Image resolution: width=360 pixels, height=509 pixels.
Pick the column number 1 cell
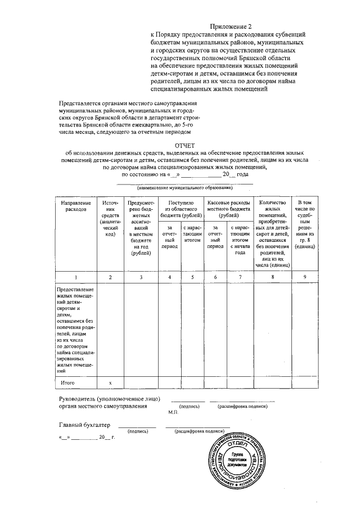75,277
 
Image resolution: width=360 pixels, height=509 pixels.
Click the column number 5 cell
192,277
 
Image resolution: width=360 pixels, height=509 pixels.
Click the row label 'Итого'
68,382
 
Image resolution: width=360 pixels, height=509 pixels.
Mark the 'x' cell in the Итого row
110,382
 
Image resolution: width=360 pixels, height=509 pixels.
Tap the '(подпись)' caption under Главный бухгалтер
138,431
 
